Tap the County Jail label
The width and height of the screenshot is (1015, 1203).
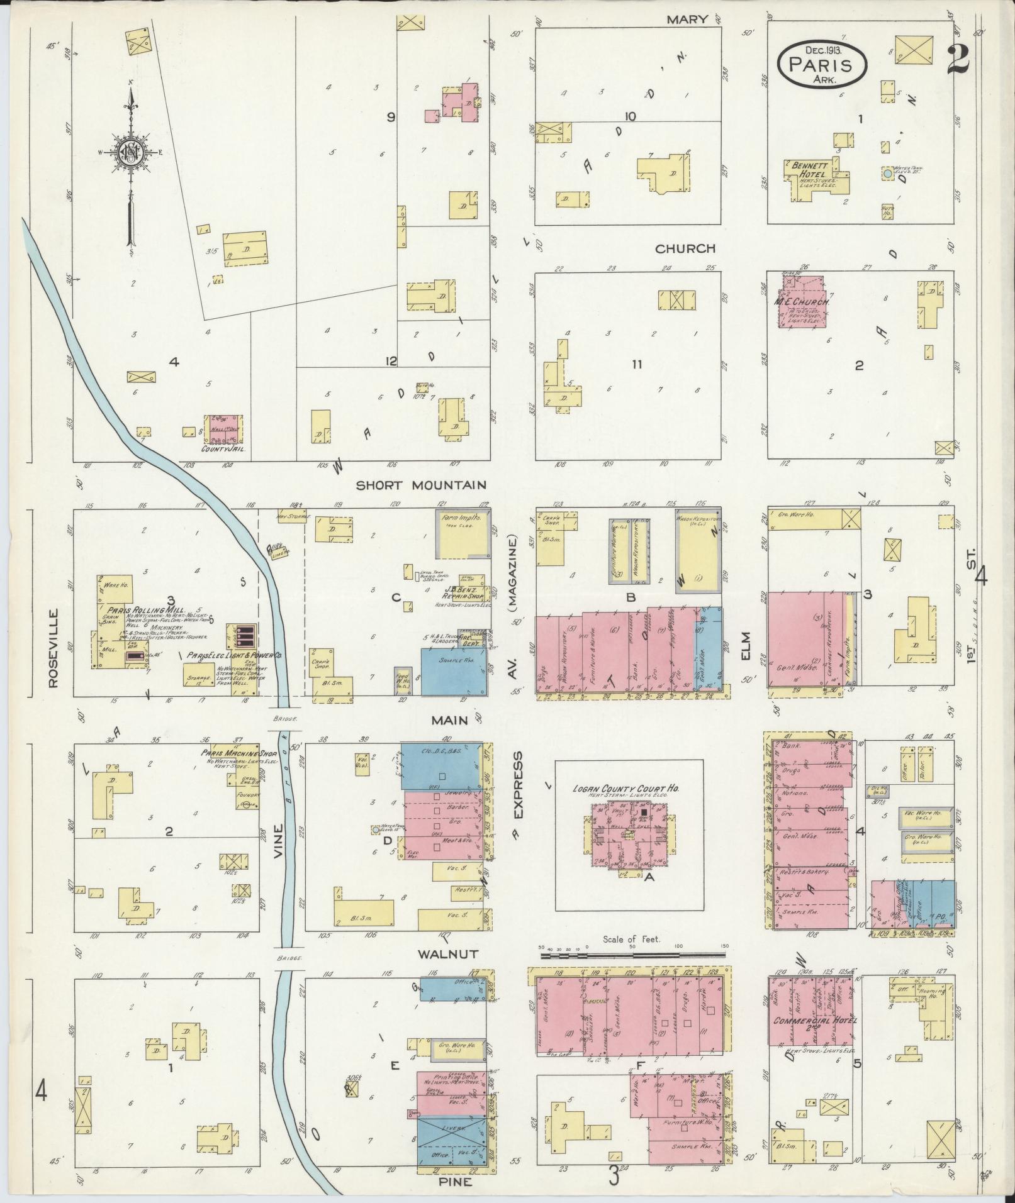[x=222, y=450]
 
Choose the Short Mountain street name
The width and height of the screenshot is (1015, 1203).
[x=421, y=485]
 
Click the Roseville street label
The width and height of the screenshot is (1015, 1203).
[x=53, y=648]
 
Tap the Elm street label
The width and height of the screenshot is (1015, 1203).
[x=747, y=646]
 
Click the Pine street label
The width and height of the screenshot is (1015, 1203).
[x=452, y=1182]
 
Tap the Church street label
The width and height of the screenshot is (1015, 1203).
[x=685, y=248]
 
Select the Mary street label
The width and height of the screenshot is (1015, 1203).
[x=688, y=19]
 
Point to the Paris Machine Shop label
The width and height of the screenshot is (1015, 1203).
[x=230, y=753]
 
